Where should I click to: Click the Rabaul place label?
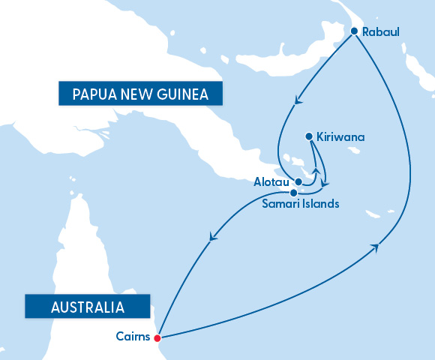click(x=380, y=32)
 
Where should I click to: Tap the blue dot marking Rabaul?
click(x=354, y=31)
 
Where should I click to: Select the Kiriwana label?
click(x=340, y=137)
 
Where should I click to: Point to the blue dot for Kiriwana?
click(x=309, y=136)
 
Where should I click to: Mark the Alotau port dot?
click(x=298, y=181)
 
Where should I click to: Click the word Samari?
click(x=281, y=203)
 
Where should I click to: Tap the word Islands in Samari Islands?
click(x=321, y=203)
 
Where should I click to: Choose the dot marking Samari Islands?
click(x=293, y=193)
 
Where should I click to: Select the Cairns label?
click(x=133, y=337)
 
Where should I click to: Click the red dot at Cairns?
click(x=157, y=338)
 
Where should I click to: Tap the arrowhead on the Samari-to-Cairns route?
click(x=212, y=238)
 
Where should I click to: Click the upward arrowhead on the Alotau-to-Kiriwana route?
click(x=316, y=171)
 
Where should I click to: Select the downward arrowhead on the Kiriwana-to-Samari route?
click(x=324, y=183)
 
